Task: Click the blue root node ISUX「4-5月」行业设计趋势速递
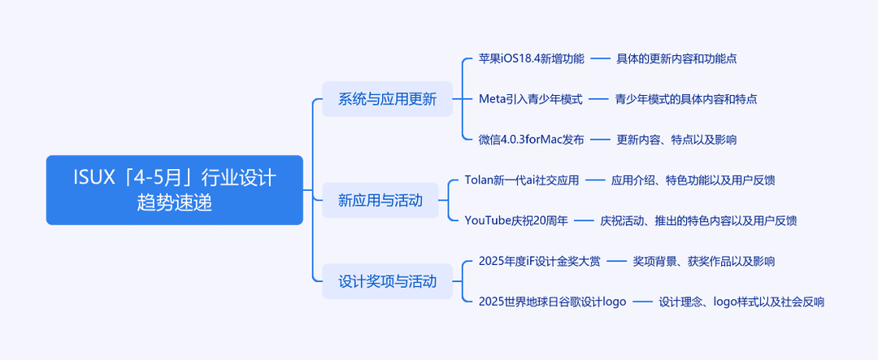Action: pyautogui.click(x=174, y=190)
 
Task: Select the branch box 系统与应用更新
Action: pyautogui.click(x=387, y=99)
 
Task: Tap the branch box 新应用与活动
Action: pyautogui.click(x=380, y=200)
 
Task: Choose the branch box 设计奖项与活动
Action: pyautogui.click(x=387, y=281)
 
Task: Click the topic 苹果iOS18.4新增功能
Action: pyautogui.click(x=532, y=59)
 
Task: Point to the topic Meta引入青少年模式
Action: pyautogui.click(x=530, y=99)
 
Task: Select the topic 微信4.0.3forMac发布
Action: pyautogui.click(x=532, y=140)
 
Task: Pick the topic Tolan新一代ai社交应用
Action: pyautogui.click(x=522, y=180)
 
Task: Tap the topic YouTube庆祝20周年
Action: pyautogui.click(x=516, y=220)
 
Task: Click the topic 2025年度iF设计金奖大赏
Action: pyautogui.click(x=540, y=261)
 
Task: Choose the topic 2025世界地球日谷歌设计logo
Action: pyautogui.click(x=552, y=301)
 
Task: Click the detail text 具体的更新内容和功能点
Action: pyautogui.click(x=676, y=59)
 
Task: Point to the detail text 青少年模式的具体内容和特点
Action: pyautogui.click(x=686, y=99)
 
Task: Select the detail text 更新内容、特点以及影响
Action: pyautogui.click(x=676, y=140)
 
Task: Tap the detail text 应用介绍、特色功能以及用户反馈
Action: pyautogui.click(x=693, y=180)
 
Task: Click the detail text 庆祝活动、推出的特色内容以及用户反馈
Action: pyautogui.click(x=698, y=220)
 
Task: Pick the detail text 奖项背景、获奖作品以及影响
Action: pyautogui.click(x=704, y=261)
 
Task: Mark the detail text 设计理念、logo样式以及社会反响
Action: pyautogui.click(x=741, y=301)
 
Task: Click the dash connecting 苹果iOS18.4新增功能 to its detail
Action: pyautogui.click(x=600, y=59)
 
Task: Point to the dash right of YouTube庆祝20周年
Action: pyautogui.click(x=584, y=220)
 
